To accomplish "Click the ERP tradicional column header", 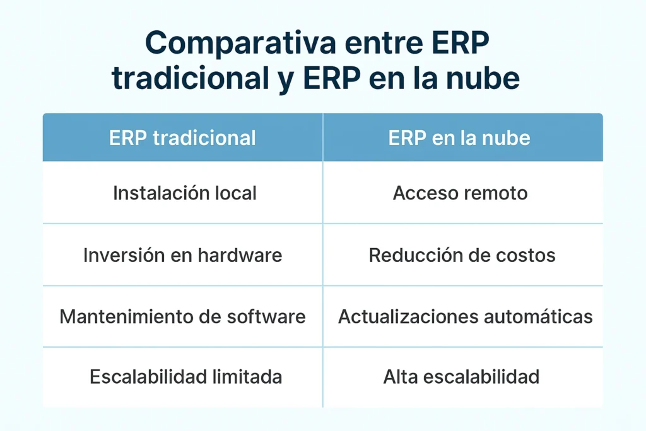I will pos(182,138).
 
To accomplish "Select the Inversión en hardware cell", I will pos(182,255).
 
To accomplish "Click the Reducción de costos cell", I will pos(462,255).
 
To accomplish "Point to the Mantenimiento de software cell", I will pos(182,316).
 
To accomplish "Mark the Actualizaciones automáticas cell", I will pos(465,316).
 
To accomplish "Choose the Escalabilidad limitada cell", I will pos(185,377).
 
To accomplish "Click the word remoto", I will pos(494,193).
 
